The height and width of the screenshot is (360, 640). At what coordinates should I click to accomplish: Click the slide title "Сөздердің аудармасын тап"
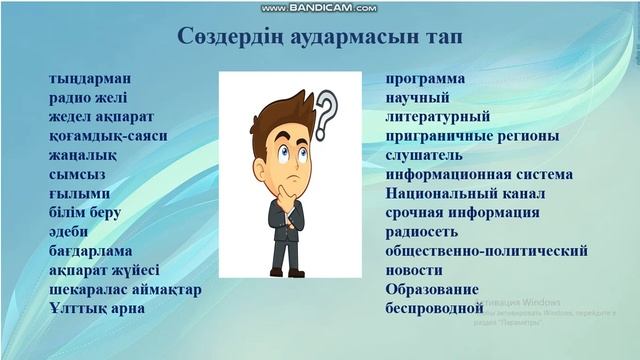tap(320, 37)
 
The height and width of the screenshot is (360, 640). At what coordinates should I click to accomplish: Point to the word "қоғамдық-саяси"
tap(108, 135)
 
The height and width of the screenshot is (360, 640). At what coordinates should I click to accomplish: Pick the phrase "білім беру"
tap(85, 212)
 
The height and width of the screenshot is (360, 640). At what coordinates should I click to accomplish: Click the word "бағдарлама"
tap(91, 250)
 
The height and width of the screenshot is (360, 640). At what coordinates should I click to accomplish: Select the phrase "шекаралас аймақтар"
tap(125, 289)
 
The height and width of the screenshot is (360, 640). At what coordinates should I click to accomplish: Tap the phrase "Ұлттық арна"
tap(97, 308)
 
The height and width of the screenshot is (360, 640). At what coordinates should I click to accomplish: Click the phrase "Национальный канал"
tap(464, 193)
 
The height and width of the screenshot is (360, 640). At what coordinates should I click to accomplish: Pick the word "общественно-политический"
tap(486, 251)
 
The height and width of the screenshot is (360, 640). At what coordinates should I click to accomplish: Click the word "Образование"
tap(432, 289)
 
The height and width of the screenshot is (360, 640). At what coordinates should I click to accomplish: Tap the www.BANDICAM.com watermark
tap(320, 7)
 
